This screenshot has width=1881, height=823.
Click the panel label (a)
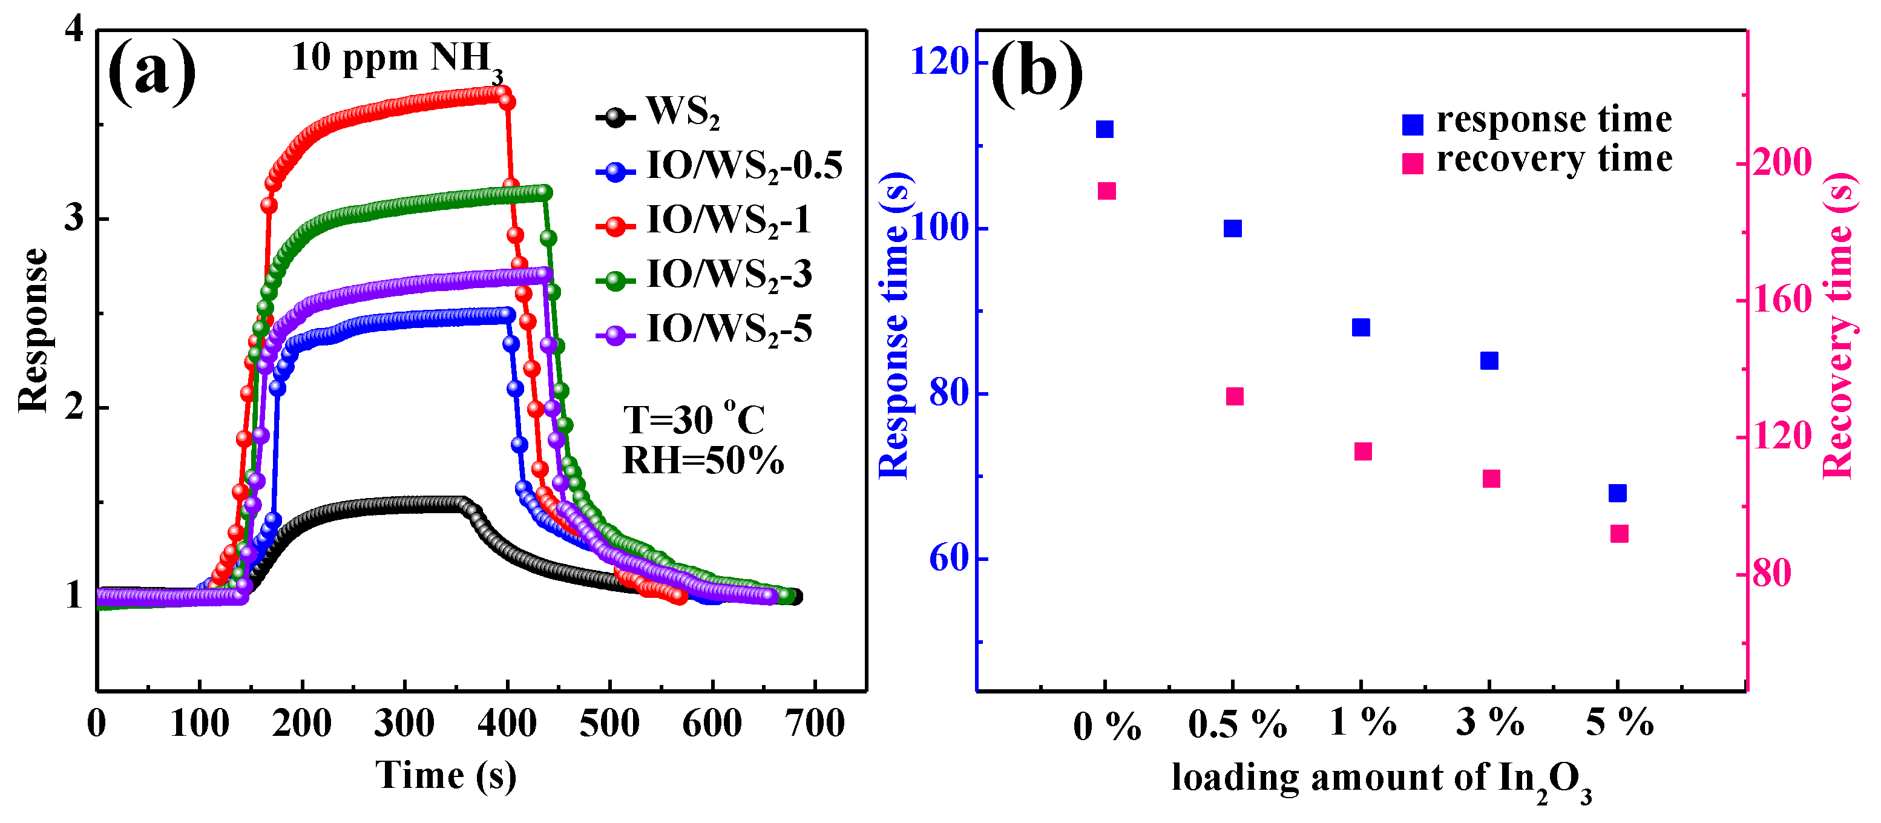[152, 73]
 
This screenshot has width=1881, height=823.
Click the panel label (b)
[1036, 73]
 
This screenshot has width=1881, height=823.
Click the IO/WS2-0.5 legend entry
[719, 166]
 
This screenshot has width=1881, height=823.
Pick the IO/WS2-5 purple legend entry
[704, 330]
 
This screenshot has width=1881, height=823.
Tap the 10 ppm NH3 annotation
[396, 59]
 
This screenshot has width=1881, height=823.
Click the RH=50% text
[703, 460]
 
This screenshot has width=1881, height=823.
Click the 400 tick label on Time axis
[507, 724]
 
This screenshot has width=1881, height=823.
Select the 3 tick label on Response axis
[74, 218]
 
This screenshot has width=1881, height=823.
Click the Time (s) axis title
[445, 776]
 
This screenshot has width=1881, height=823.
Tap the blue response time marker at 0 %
[1104, 130]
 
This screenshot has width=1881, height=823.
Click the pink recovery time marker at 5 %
[1619, 534]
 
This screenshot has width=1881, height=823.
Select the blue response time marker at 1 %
[1361, 327]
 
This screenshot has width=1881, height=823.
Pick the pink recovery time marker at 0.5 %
[1234, 396]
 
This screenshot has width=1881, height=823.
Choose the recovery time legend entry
[1537, 160]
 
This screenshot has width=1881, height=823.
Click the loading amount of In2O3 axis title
[1380, 780]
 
